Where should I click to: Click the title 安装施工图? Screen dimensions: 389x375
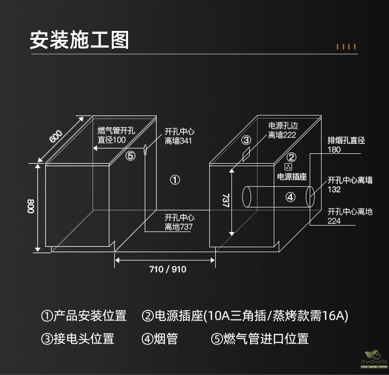point(79,40)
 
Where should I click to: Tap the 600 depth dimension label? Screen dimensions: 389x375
point(56,136)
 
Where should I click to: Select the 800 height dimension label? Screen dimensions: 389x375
point(31,206)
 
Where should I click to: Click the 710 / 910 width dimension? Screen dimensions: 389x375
point(168,269)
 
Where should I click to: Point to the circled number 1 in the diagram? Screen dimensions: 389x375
point(175,180)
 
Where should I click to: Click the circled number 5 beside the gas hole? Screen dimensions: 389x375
point(130,156)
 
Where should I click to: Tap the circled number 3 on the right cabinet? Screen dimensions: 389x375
point(246,140)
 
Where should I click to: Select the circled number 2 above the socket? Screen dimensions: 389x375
point(292,157)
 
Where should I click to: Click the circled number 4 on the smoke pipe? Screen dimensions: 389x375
point(291,197)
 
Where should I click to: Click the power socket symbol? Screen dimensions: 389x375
point(288,167)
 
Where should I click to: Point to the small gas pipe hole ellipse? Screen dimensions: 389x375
point(145,150)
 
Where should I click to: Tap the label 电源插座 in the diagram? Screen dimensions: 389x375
point(292,176)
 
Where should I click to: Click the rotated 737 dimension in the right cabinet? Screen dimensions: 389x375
point(226,201)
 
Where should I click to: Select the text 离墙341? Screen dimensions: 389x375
point(178,141)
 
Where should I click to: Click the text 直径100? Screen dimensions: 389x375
point(112,140)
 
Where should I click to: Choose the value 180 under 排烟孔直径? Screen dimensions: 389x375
point(334,149)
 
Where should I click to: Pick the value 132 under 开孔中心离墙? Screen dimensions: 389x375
point(334,190)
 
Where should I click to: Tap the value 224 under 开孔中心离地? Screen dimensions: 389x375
point(334,221)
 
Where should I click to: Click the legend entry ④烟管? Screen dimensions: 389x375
point(160,339)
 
